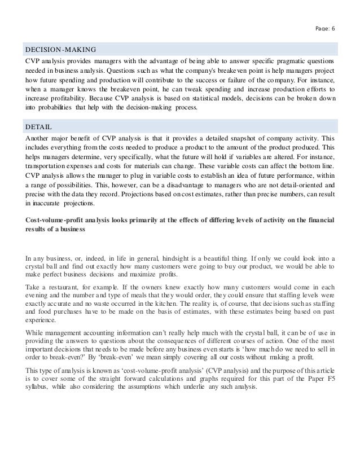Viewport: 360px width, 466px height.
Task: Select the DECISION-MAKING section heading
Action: [x=60, y=49]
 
